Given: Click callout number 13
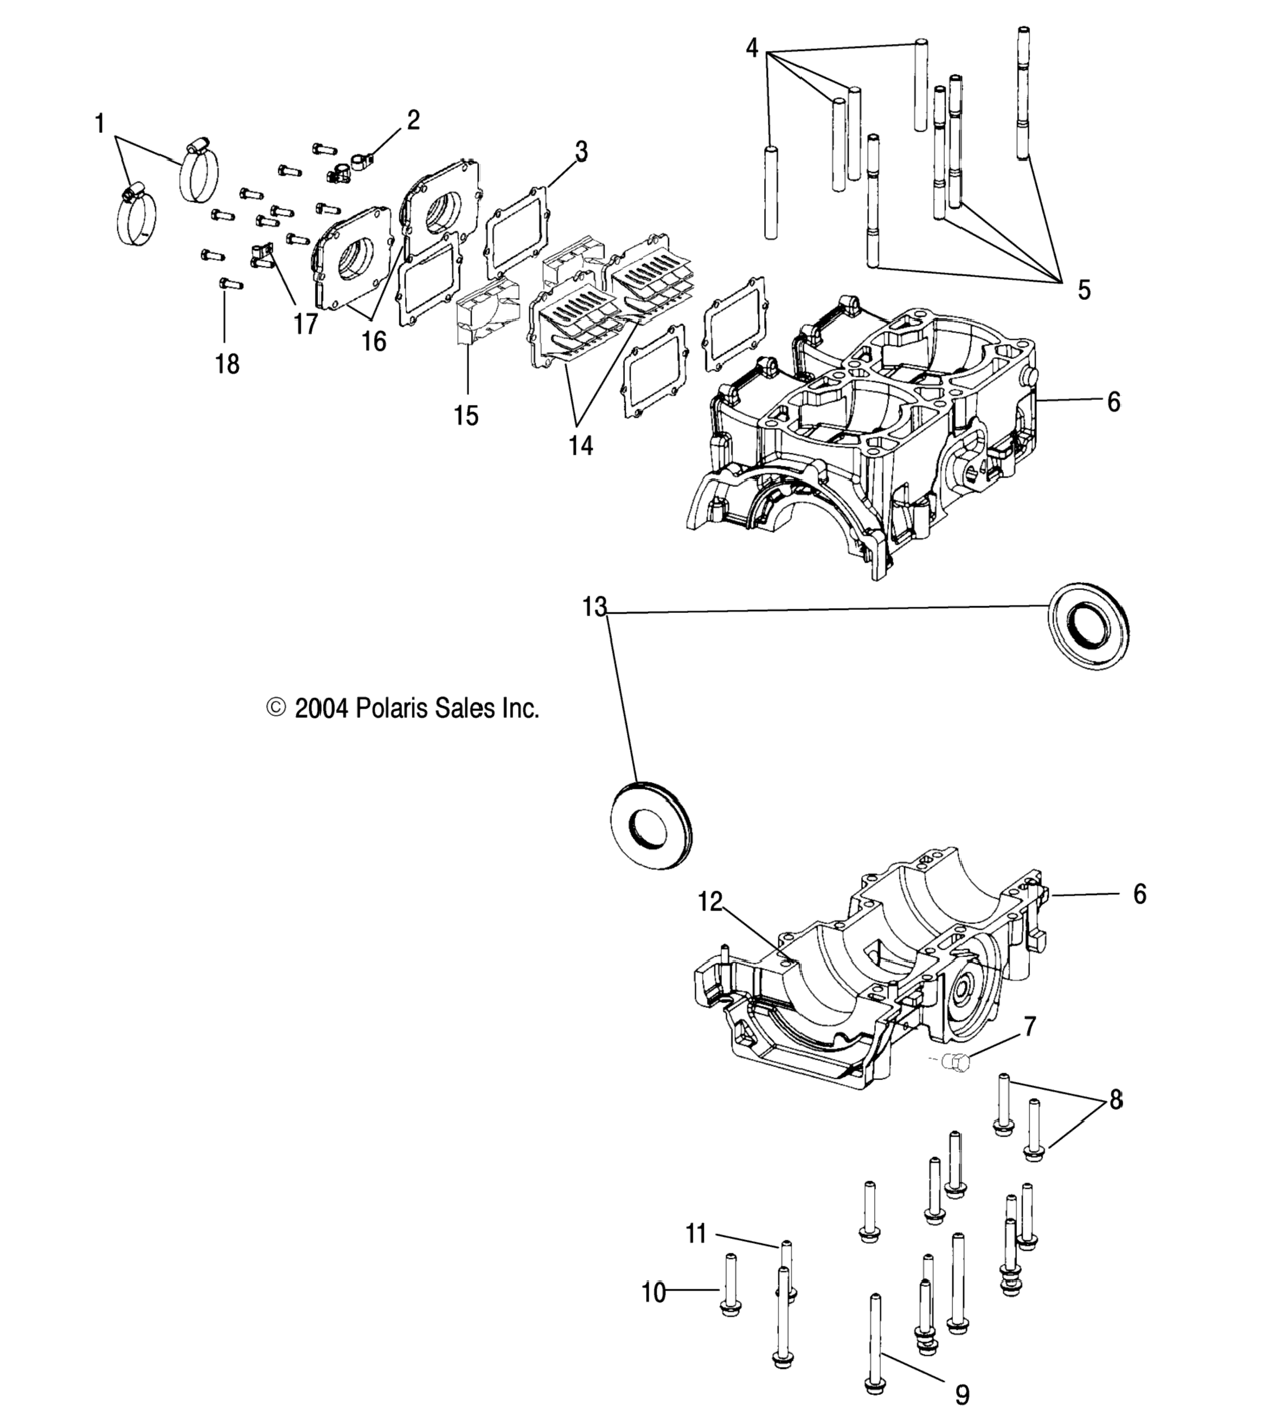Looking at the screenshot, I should tap(594, 606).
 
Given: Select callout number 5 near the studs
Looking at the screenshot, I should tap(1084, 289).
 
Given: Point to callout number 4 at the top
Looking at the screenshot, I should tap(752, 48).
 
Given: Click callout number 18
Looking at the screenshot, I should tap(227, 364).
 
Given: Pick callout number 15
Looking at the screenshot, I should tap(466, 415).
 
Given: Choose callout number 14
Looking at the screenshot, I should tap(581, 445).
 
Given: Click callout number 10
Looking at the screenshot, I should tap(653, 1292).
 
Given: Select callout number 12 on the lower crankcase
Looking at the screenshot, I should tap(710, 901).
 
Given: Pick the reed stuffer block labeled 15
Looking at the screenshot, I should tap(486, 309).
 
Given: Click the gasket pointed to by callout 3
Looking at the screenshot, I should tap(517, 232).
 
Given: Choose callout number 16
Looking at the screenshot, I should tap(374, 341).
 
